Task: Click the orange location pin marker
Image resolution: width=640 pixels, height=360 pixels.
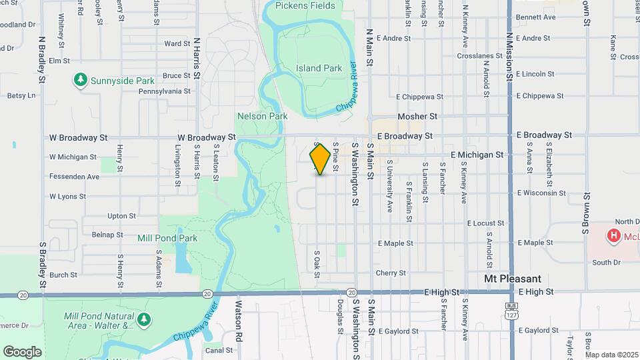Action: coord(321,159)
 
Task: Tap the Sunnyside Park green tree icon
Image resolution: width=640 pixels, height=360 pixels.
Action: coord(81,81)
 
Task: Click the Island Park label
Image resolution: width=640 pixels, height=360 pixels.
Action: coord(319,68)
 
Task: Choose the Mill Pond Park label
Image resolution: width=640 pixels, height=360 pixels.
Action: coord(167,237)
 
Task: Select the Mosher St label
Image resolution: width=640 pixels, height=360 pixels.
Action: coord(417,116)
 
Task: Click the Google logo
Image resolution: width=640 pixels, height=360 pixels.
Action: coord(22,352)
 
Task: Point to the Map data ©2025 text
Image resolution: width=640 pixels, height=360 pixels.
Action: coord(611,355)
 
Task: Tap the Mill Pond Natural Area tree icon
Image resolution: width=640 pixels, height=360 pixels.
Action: coord(144,321)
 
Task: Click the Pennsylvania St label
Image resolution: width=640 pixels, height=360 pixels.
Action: coord(164,91)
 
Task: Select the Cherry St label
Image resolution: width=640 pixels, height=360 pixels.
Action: coord(391,273)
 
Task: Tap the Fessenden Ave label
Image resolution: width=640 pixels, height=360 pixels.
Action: coord(74,177)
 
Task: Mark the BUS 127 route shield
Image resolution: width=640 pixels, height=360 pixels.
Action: coord(511,312)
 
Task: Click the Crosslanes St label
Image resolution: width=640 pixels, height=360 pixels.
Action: coord(480,56)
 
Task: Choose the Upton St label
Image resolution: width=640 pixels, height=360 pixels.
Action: coord(121,216)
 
